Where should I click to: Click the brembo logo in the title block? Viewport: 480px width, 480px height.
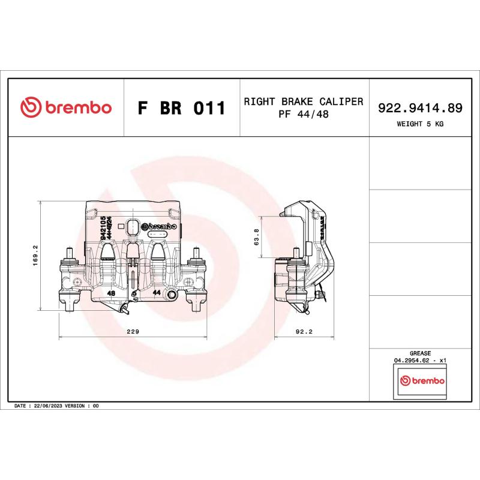tap(66, 107)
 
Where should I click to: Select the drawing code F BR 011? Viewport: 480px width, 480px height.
tap(181, 109)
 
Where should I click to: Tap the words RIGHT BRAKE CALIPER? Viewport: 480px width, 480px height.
tap(303, 101)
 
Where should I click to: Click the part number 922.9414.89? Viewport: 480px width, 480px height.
tap(420, 108)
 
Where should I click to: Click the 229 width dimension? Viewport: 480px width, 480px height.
tap(134, 331)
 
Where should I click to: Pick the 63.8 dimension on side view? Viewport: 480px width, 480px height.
tap(257, 237)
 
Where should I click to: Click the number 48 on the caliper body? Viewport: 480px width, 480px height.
tap(111, 293)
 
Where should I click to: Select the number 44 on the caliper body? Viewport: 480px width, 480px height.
tap(157, 292)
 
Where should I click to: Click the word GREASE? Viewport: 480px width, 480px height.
tap(420, 354)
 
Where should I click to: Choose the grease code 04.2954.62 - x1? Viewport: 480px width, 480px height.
tap(420, 361)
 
